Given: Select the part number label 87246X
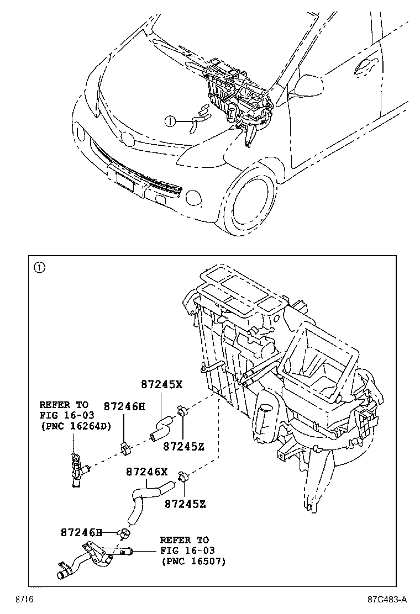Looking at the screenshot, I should click(146, 472).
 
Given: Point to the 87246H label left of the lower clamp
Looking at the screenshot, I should click(81, 532).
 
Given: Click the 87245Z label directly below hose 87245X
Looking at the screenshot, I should click(184, 446).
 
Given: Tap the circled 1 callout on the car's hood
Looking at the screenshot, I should click(171, 120).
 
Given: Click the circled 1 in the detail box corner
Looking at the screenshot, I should click(39, 268).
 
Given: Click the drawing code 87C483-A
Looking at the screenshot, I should click(387, 599).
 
